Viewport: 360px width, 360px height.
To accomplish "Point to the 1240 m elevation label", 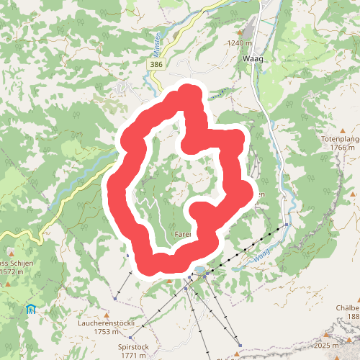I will coord(238,43).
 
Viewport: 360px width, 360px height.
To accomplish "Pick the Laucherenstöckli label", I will coord(106,323).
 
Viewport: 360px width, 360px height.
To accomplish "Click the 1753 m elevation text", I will coord(106,333).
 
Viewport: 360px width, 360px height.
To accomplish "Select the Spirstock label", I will coord(133,346).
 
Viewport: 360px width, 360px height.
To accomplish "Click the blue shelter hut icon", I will coord(30,310).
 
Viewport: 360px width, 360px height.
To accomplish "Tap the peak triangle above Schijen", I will coord(4,284).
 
